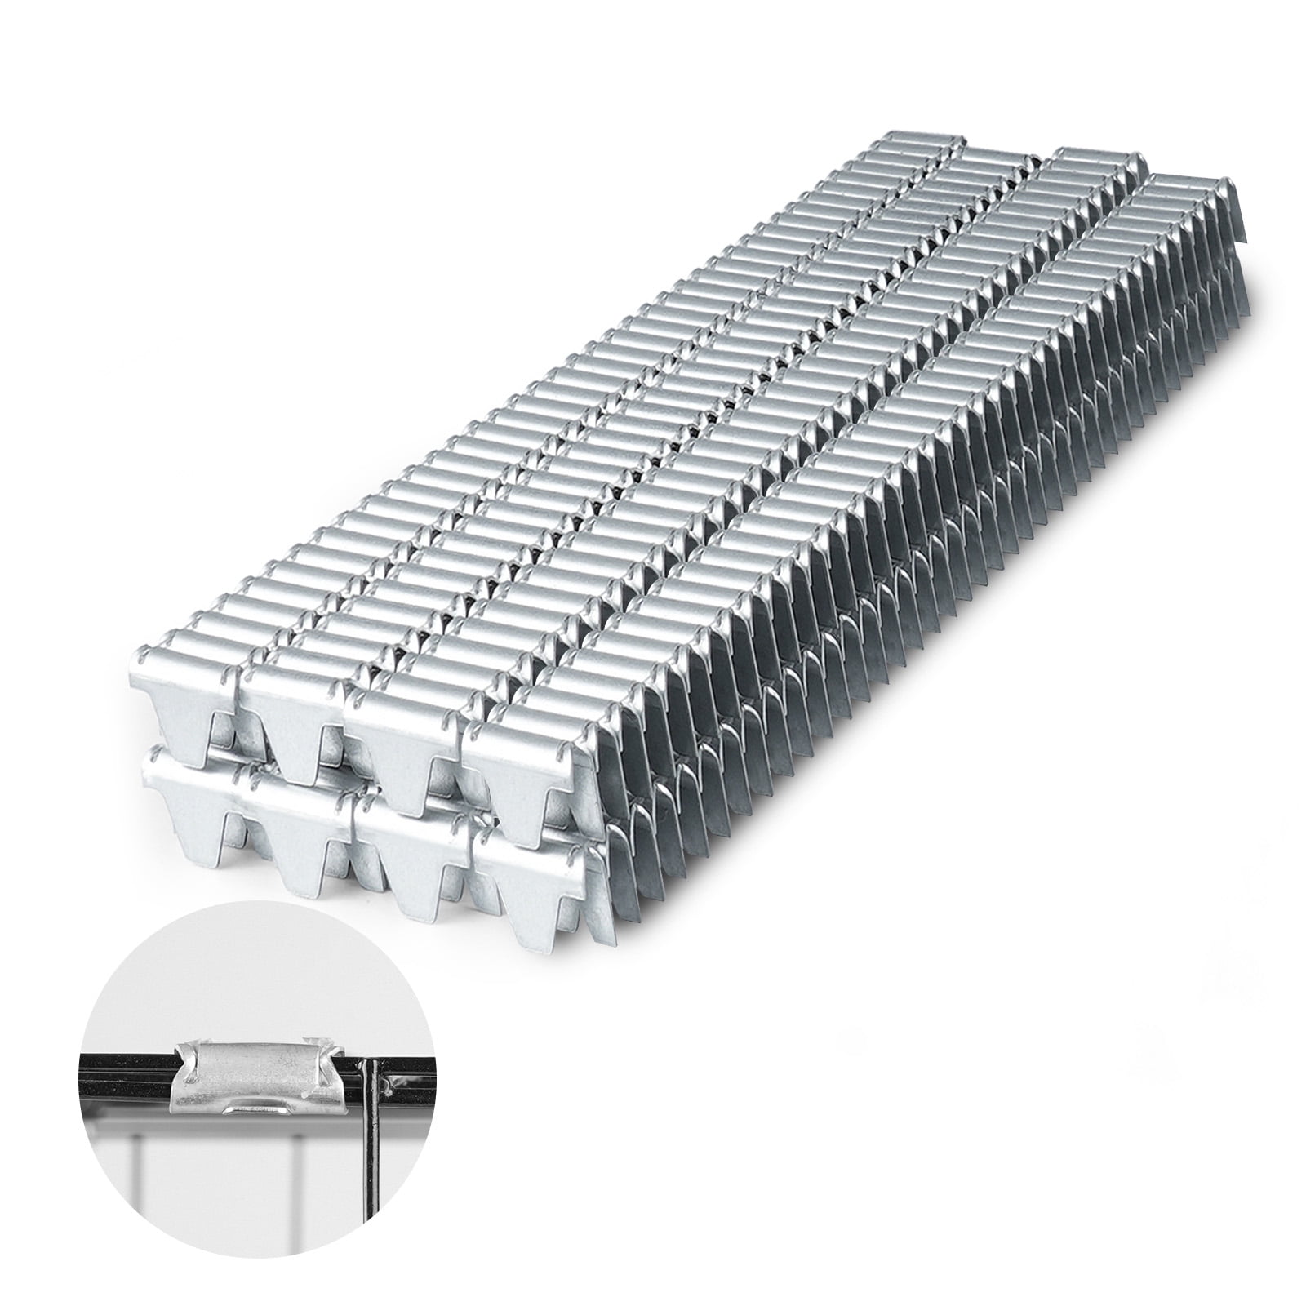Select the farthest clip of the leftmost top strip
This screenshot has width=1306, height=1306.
click(x=910, y=147)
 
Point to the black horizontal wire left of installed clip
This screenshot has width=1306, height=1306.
click(x=122, y=1079)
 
